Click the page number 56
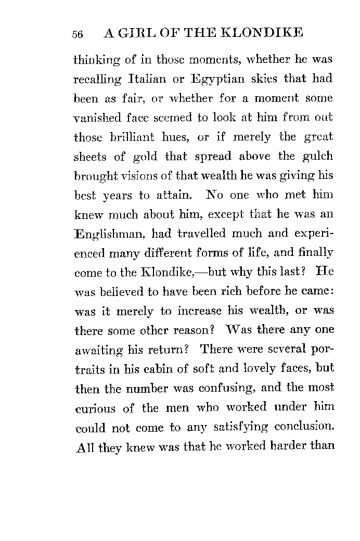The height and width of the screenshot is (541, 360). pos(78,34)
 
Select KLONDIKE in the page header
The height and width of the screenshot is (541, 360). pos(262,33)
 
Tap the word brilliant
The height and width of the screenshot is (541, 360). pos(130,137)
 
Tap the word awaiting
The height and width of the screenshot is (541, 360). pos(98,350)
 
